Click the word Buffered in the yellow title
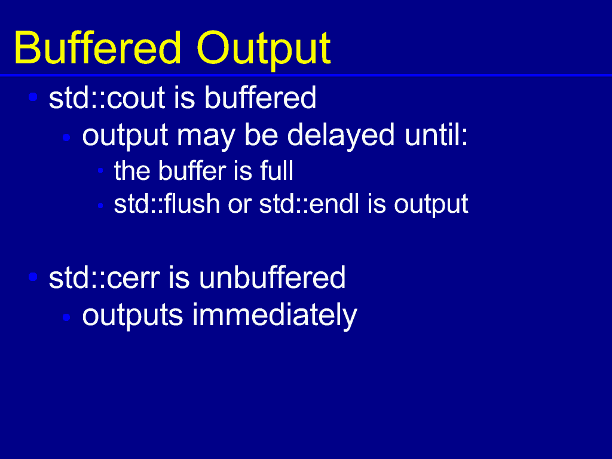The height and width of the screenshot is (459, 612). pyautogui.click(x=97, y=48)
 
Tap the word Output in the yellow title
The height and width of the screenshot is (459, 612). pyautogui.click(x=264, y=51)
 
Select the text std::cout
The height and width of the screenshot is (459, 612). pyautogui.click(x=106, y=98)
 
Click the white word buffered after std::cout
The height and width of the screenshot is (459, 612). pyautogui.click(x=260, y=97)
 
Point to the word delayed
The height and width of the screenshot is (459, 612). pyautogui.click(x=341, y=136)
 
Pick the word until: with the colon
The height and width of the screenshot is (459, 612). pyautogui.click(x=436, y=134)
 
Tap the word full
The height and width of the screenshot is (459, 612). pyautogui.click(x=277, y=170)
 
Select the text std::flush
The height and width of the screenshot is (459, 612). pyautogui.click(x=167, y=204)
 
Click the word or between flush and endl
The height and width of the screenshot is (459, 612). pyautogui.click(x=240, y=206)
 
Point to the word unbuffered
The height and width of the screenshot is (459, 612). pyautogui.click(x=272, y=277)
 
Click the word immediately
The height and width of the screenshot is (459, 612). pyautogui.click(x=274, y=316)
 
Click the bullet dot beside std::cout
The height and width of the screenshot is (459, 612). pyautogui.click(x=33, y=97)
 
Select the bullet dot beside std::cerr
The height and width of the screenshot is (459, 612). pyautogui.click(x=33, y=277)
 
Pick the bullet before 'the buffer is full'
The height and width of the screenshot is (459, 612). pyautogui.click(x=100, y=170)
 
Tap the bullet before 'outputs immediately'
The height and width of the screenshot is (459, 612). pyautogui.click(x=66, y=317)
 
